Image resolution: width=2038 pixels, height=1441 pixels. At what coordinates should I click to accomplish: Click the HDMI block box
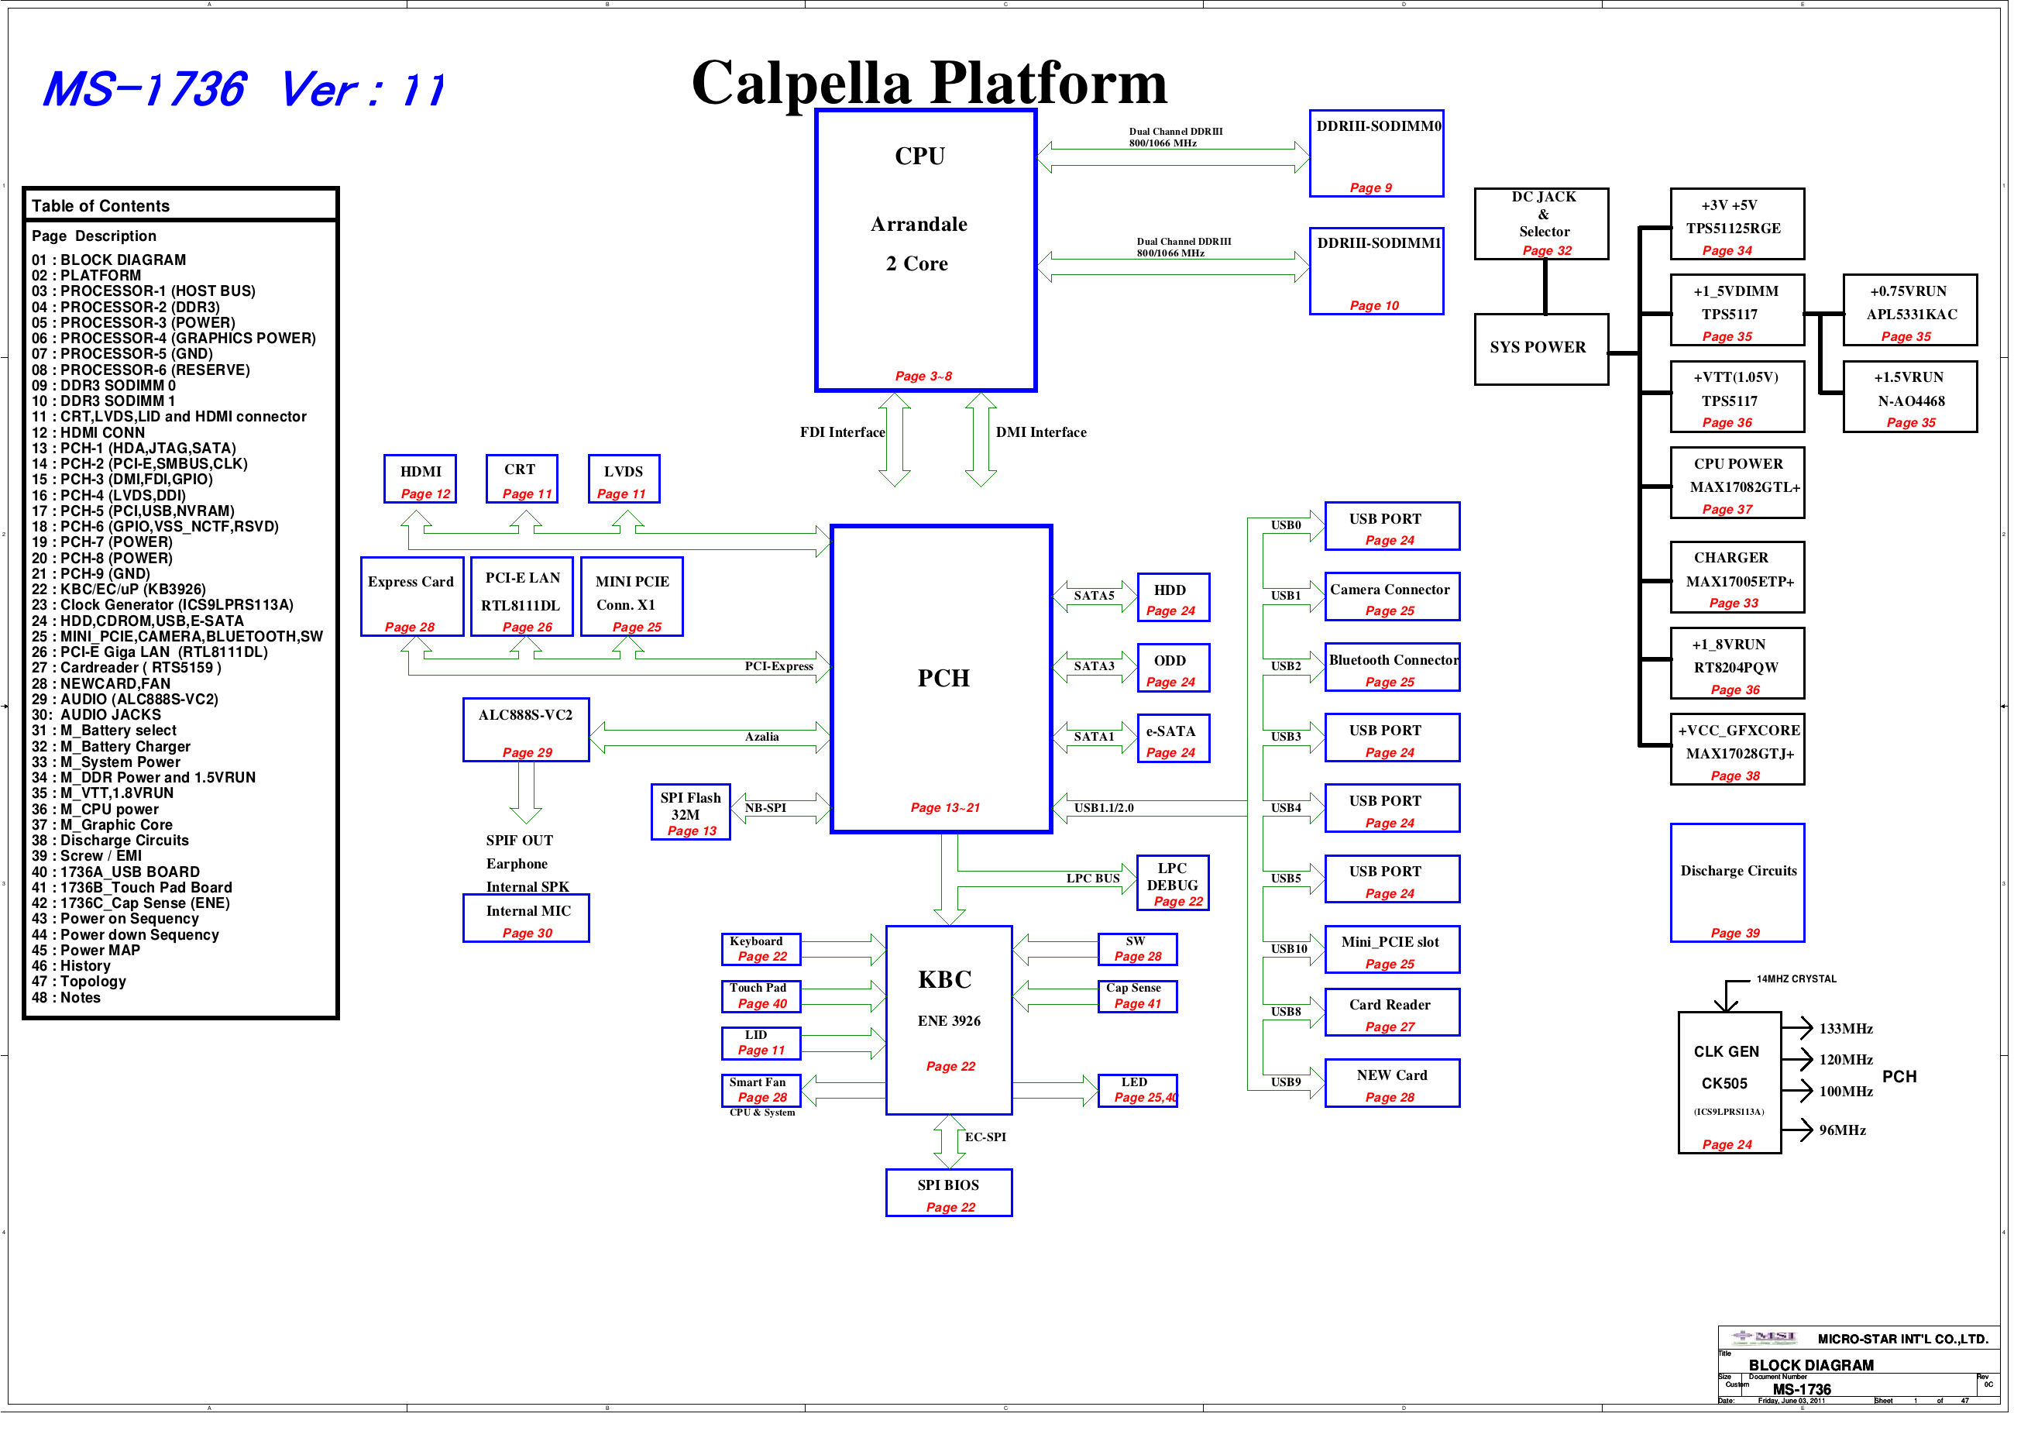420,479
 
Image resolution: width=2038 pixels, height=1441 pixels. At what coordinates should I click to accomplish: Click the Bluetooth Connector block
1391,667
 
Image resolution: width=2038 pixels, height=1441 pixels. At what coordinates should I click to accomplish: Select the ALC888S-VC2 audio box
525,729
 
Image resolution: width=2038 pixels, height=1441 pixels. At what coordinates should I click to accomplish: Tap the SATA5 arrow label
1094,596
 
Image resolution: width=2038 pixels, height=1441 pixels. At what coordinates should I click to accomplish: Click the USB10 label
1288,948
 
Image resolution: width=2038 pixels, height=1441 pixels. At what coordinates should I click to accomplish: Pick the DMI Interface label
1040,432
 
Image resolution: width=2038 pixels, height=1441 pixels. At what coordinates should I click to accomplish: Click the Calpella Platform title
929,83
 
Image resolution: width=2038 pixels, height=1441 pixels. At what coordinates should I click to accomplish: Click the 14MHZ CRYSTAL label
1796,978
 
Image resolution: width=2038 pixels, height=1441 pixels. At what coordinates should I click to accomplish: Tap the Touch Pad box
761,996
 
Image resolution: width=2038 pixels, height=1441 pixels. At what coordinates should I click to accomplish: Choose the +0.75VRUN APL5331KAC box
1909,310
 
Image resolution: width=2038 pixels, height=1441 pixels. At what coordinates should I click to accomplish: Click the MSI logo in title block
1763,1336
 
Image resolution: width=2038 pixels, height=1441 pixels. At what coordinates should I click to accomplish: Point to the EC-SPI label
985,1137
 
